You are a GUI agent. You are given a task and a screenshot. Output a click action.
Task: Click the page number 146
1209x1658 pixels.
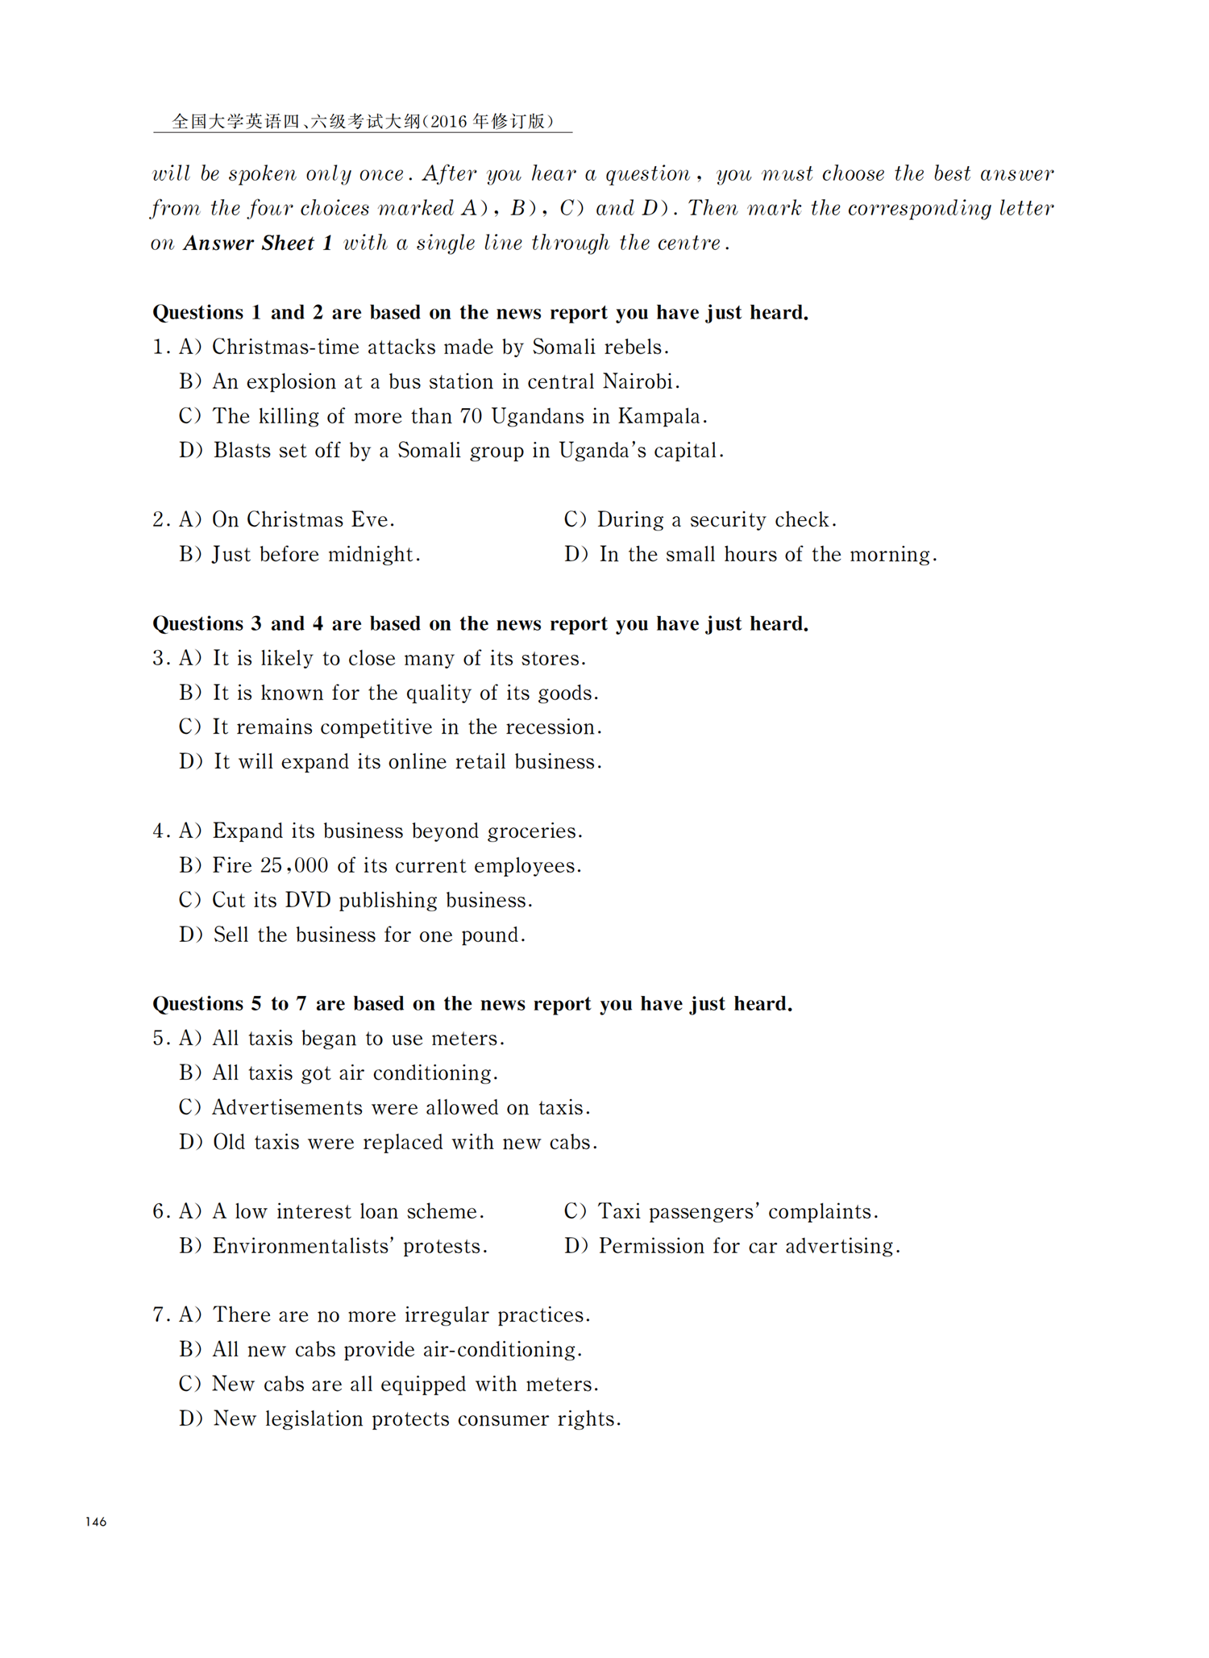[96, 1522]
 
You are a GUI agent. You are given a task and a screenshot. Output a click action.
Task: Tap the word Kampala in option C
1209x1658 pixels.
[661, 416]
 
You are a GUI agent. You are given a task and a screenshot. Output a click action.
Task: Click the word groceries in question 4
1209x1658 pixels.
[533, 831]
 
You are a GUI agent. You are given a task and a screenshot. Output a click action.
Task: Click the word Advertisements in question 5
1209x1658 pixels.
[287, 1108]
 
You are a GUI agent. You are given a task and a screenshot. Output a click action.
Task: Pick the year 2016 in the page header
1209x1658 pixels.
[449, 122]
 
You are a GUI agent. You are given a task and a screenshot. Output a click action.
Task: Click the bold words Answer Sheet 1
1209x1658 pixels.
[258, 244]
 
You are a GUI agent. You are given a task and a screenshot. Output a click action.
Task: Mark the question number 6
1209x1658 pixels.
[159, 1212]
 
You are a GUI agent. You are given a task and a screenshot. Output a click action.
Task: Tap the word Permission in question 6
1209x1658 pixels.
[651, 1247]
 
